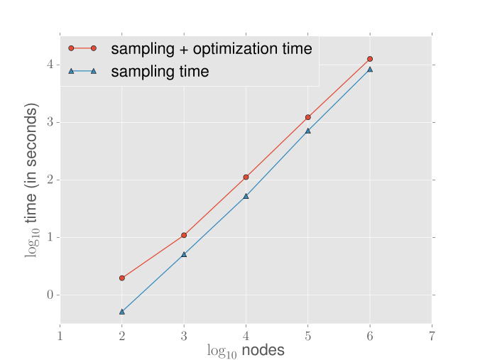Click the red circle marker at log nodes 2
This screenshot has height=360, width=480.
pyautogui.click(x=122, y=278)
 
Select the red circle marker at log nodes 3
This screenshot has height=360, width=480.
pyautogui.click(x=184, y=235)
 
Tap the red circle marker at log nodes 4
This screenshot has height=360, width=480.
pyautogui.click(x=246, y=177)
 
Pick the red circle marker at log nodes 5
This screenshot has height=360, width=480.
pyautogui.click(x=308, y=117)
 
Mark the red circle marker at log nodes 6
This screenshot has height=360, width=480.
pyautogui.click(x=370, y=58)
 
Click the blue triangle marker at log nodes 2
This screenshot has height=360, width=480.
pyautogui.click(x=122, y=312)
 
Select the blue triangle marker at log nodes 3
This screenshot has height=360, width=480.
pyautogui.click(x=184, y=254)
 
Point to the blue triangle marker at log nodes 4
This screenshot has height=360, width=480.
pyautogui.click(x=246, y=196)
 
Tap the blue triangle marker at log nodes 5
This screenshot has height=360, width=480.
pyautogui.click(x=308, y=131)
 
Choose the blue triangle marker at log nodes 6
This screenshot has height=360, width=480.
pyautogui.click(x=370, y=70)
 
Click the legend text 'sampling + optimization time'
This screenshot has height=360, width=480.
pyautogui.click(x=211, y=48)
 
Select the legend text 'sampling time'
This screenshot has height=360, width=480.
pyautogui.click(x=159, y=71)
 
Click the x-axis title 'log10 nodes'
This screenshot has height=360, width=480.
pyautogui.click(x=246, y=350)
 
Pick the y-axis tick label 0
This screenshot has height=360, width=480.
pyautogui.click(x=50, y=295)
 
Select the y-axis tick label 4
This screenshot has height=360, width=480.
pyautogui.click(x=50, y=65)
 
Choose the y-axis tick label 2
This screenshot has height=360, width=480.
pyautogui.click(x=50, y=180)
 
